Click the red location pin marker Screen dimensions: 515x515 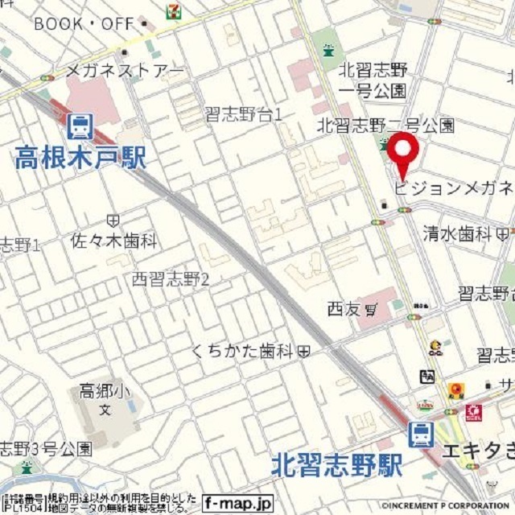[402, 154]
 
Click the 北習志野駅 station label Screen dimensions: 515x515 [336, 464]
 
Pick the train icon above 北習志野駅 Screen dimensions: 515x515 [419, 435]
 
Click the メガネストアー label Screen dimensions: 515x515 [125, 71]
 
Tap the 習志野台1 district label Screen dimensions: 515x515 [243, 115]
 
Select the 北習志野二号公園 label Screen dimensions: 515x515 [385, 125]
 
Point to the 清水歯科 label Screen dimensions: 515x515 [457, 234]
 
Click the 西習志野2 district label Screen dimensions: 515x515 [171, 279]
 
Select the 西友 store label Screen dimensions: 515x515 [344, 307]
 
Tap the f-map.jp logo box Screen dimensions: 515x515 [237, 503]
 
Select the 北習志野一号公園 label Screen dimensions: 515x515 [373, 80]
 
